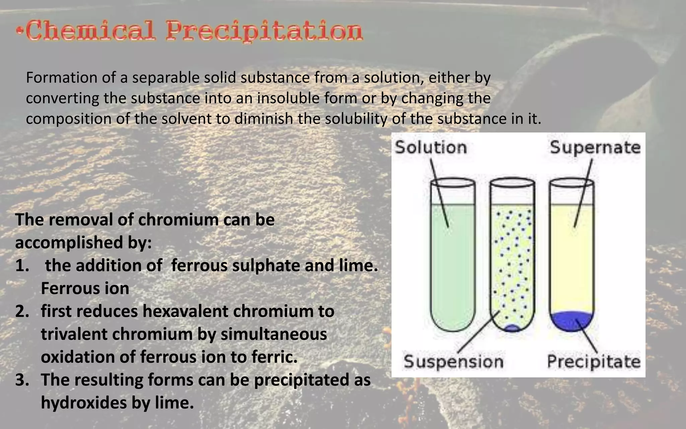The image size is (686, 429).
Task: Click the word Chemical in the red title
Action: coord(90,31)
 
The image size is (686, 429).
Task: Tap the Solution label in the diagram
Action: coord(431,147)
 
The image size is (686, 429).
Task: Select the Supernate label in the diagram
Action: coord(595,147)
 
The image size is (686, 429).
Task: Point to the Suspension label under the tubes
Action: coord(454,362)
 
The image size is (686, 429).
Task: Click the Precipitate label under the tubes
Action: coord(594,362)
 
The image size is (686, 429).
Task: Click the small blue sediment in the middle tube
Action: coord(511,328)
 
